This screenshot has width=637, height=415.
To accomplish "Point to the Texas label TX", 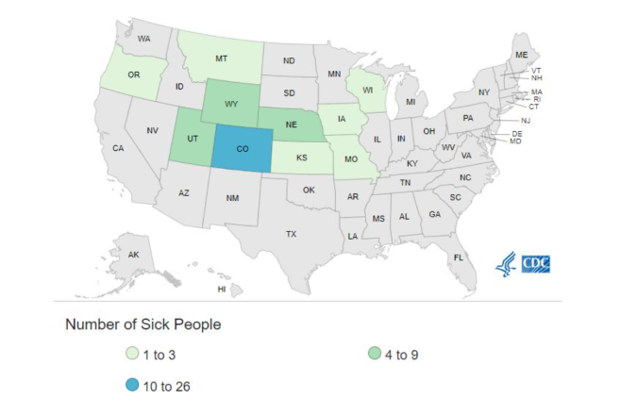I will [x=291, y=233].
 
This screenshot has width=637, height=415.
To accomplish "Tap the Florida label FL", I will [x=459, y=257].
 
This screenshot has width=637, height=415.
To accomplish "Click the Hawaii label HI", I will [x=222, y=289].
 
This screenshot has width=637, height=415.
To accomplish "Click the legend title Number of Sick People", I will [x=142, y=324].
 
